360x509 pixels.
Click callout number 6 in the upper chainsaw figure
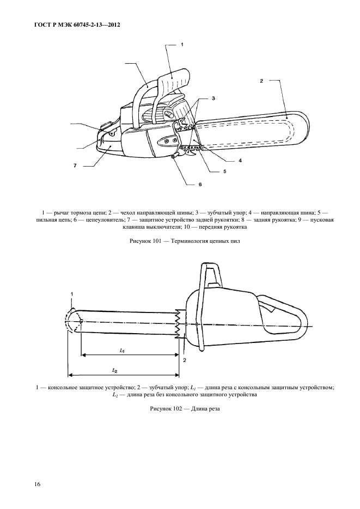200,185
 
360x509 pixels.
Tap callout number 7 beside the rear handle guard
75,164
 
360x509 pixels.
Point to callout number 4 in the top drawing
240,161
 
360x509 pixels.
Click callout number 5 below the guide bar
224,171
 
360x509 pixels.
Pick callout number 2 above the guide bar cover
261,81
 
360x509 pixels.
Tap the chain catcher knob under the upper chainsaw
174,157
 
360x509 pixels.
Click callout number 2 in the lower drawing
185,360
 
